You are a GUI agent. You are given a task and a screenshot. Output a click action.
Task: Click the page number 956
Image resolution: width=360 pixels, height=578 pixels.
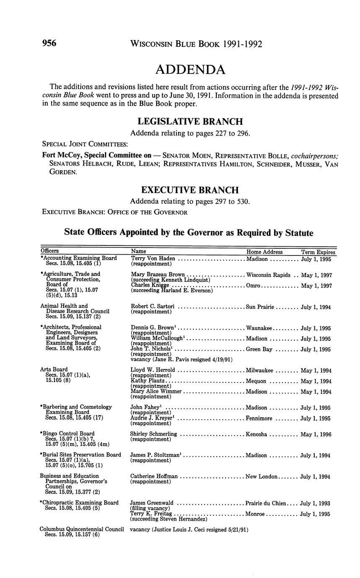(x=49, y=43)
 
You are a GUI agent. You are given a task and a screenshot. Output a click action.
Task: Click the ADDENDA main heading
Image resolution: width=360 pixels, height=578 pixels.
(x=190, y=70)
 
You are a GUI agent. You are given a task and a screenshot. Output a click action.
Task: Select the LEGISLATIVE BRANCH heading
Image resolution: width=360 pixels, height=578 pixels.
(x=190, y=121)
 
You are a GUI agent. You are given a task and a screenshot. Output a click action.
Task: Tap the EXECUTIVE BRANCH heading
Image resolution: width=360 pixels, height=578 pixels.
(x=190, y=190)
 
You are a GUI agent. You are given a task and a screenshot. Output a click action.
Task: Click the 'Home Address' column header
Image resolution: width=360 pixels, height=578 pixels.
(x=264, y=252)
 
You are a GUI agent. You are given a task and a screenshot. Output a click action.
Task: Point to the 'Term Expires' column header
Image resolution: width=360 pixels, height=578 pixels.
(x=319, y=252)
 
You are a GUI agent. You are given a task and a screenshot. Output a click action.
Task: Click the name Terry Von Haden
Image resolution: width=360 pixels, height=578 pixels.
(x=153, y=258)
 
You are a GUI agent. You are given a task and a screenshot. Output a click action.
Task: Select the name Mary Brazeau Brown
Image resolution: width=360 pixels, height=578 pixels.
(x=158, y=275)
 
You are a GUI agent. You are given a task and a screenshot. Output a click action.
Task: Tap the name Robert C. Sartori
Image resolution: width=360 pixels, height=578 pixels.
(x=153, y=307)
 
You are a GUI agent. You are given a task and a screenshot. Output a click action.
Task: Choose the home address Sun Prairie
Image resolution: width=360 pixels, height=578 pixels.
(x=260, y=307)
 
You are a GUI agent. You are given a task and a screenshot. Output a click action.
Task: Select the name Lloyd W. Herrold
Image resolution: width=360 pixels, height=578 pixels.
(x=153, y=370)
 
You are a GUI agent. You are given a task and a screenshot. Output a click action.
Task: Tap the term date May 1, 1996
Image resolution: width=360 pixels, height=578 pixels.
(x=316, y=434)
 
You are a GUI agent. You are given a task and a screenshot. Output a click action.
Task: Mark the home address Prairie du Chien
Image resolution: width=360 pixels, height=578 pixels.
(x=266, y=503)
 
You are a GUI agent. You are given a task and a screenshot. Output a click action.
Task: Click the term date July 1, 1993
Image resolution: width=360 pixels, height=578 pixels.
(x=316, y=503)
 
